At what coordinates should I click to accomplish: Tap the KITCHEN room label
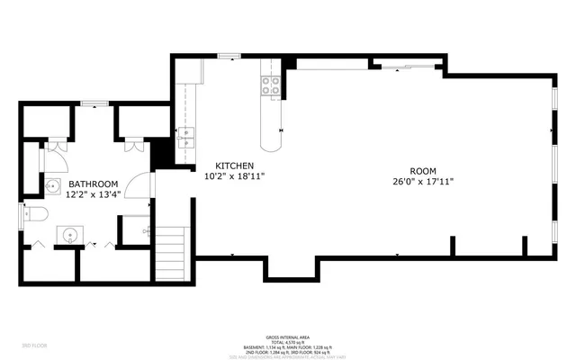233,166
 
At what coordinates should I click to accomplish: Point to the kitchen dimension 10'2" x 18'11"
234,177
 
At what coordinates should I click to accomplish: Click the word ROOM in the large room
422,170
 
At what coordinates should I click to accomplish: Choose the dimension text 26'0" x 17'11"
422,181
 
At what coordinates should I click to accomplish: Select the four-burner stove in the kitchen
270,85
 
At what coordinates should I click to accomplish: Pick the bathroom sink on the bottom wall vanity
70,236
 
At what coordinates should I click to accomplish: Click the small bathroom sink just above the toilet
51,187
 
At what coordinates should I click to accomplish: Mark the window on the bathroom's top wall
91,104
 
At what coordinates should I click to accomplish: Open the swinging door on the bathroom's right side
139,185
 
